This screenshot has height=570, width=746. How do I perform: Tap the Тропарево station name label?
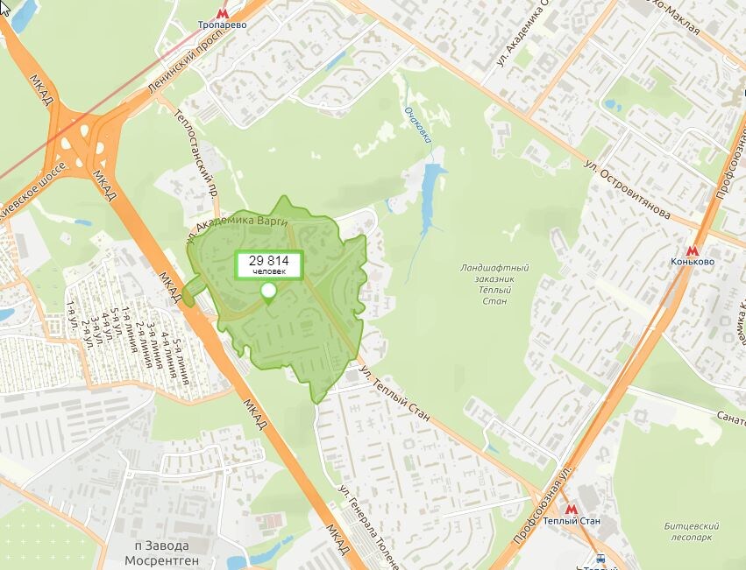pyautogui.click(x=222, y=25)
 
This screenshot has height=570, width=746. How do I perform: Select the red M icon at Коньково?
pyautogui.click(x=693, y=249)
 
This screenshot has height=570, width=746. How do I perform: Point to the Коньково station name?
pyautogui.click(x=693, y=262)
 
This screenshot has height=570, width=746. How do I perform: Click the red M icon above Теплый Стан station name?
pyautogui.click(x=572, y=508)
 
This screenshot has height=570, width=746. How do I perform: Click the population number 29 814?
pyautogui.click(x=268, y=261)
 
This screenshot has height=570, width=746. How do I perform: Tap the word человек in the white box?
pyautogui.click(x=268, y=272)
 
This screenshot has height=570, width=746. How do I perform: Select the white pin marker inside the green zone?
pyautogui.click(x=268, y=292)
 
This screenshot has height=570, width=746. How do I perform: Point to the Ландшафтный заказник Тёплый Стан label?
pyautogui.click(x=494, y=284)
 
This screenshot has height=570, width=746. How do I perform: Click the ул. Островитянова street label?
pyautogui.click(x=628, y=186)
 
